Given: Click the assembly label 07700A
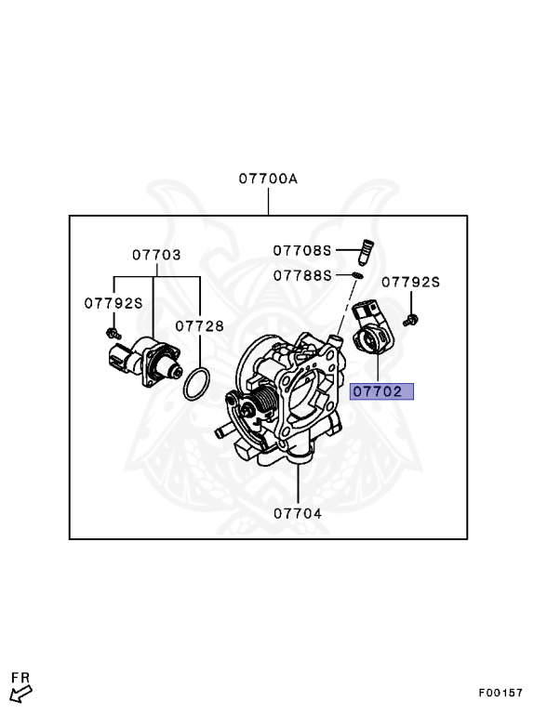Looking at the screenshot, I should click(267, 178).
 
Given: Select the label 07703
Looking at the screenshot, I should click(155, 254).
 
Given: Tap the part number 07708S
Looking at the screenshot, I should click(302, 250).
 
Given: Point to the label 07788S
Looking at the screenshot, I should click(302, 275).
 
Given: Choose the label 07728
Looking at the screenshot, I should click(199, 326).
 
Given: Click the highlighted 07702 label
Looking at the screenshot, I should click(381, 391).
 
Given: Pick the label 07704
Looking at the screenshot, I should click(297, 512).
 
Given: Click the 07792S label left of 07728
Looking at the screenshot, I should click(113, 302).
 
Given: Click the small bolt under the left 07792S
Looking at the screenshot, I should click(113, 332).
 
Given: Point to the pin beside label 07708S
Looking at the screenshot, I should click(366, 252).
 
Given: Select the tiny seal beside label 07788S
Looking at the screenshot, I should click(357, 276).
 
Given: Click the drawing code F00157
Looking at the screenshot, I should click(500, 693).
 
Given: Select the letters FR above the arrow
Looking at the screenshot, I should click(20, 676).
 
